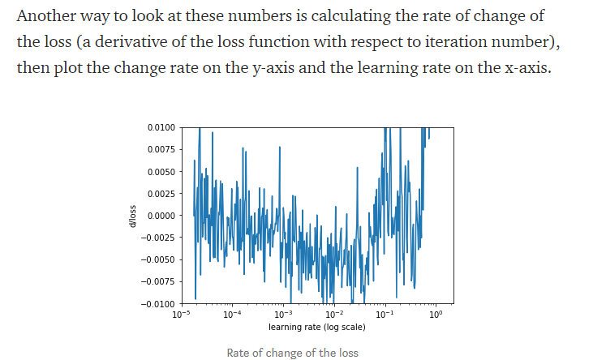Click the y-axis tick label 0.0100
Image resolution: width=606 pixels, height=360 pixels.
pos(161,128)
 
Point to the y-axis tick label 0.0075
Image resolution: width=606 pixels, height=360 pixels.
pos(161,150)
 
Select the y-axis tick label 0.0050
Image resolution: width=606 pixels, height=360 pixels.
pos(161,172)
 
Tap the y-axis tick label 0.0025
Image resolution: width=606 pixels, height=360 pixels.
pos(161,194)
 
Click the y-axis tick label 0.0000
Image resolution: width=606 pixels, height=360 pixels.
pos(161,216)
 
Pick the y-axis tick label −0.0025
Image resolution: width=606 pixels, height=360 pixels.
pos(158,238)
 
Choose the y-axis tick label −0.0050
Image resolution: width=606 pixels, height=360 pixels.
pos(158,259)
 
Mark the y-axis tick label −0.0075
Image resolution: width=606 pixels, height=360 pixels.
pos(158,281)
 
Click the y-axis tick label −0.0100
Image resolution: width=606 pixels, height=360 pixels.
pos(158,303)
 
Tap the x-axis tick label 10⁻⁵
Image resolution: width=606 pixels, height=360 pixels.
pos(180,314)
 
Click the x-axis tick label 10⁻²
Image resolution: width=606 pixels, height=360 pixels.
pos(333,314)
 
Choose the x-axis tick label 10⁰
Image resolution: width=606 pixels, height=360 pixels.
pos(436,314)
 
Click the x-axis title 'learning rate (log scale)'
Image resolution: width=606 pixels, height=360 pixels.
pos(316,327)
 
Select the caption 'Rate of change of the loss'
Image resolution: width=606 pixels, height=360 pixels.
pos(292,353)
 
